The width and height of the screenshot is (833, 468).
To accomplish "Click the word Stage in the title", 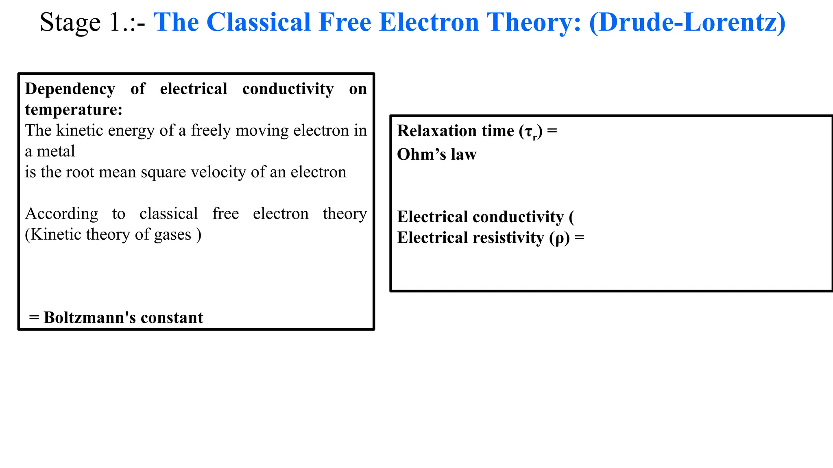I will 70,22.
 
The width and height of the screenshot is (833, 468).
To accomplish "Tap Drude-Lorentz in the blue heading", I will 687,22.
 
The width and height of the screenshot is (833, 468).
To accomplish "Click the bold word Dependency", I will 70,89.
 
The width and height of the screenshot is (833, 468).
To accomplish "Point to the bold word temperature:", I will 74,110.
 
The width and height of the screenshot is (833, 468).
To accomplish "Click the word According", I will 61,214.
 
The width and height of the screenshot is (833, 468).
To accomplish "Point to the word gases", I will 172,235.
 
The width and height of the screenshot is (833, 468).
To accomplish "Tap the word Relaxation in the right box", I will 434,131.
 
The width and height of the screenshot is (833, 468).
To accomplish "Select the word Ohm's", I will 416,155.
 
